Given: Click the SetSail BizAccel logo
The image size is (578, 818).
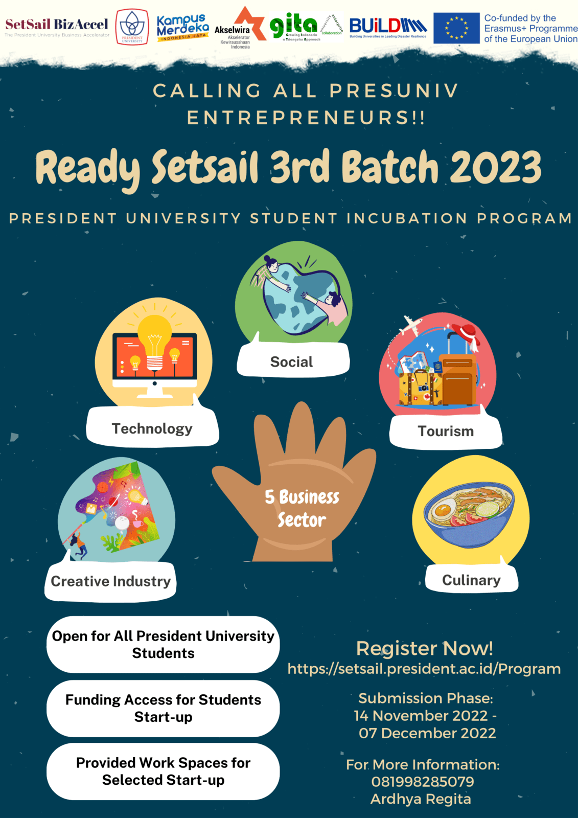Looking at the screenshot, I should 57,27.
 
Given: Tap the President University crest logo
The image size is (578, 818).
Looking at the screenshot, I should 132,27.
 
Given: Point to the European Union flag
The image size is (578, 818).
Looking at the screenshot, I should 456,28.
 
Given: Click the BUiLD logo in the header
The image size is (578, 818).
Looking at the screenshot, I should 388,27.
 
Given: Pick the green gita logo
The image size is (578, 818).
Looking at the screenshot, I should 294,26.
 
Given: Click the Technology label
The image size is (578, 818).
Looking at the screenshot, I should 152,428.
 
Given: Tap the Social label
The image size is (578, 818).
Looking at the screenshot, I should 292,362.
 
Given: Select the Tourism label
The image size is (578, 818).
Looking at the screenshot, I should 446,431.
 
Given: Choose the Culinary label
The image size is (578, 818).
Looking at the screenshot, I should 471,580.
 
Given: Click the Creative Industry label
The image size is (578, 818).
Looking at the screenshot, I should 111,581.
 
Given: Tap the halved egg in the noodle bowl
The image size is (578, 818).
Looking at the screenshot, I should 443,509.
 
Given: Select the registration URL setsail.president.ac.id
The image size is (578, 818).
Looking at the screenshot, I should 424,669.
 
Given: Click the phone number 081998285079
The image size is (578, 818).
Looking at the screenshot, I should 423,782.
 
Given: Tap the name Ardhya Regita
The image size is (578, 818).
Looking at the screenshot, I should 421,799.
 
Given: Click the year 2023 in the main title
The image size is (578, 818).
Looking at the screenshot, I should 496,168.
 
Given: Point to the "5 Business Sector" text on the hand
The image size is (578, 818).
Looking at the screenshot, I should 302,508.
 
